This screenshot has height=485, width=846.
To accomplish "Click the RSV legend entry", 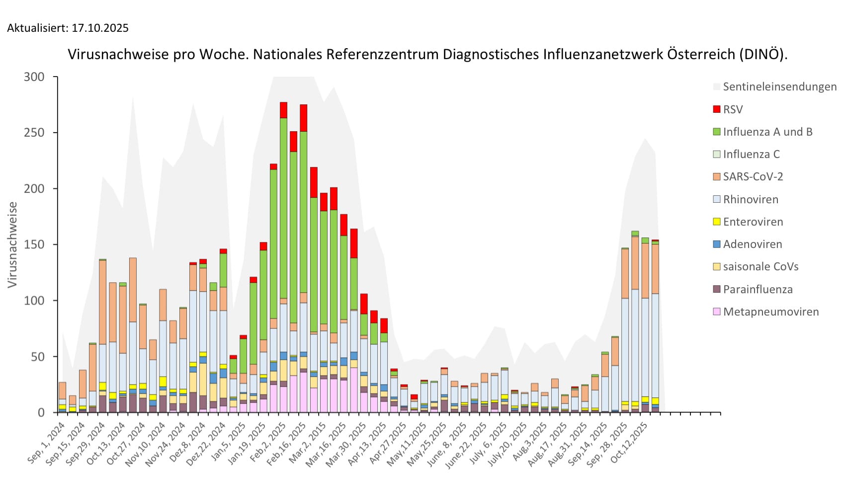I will [x=733, y=109].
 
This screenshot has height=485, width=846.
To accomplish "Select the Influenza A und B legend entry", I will [x=767, y=132].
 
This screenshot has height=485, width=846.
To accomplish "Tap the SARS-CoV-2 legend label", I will [x=753, y=176].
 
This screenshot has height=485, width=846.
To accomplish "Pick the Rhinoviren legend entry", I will [x=751, y=199].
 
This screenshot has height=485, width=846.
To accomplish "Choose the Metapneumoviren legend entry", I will [x=770, y=312].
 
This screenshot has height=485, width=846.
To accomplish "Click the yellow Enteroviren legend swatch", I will [x=716, y=222].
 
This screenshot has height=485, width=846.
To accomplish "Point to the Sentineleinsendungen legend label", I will [x=779, y=86].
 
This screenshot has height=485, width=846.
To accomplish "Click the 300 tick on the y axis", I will [x=34, y=77].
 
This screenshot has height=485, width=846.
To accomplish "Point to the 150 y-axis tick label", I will [x=34, y=244].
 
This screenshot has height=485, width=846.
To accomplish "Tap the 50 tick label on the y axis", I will [x=37, y=357].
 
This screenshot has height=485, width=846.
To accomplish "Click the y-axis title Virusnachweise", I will [x=12, y=244].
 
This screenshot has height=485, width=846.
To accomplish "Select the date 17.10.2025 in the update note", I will [x=100, y=28].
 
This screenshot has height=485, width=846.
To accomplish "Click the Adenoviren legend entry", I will [x=753, y=244].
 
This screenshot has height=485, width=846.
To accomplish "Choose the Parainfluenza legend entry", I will [x=758, y=289].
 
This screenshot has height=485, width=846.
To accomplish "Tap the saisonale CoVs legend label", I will [x=761, y=266].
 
